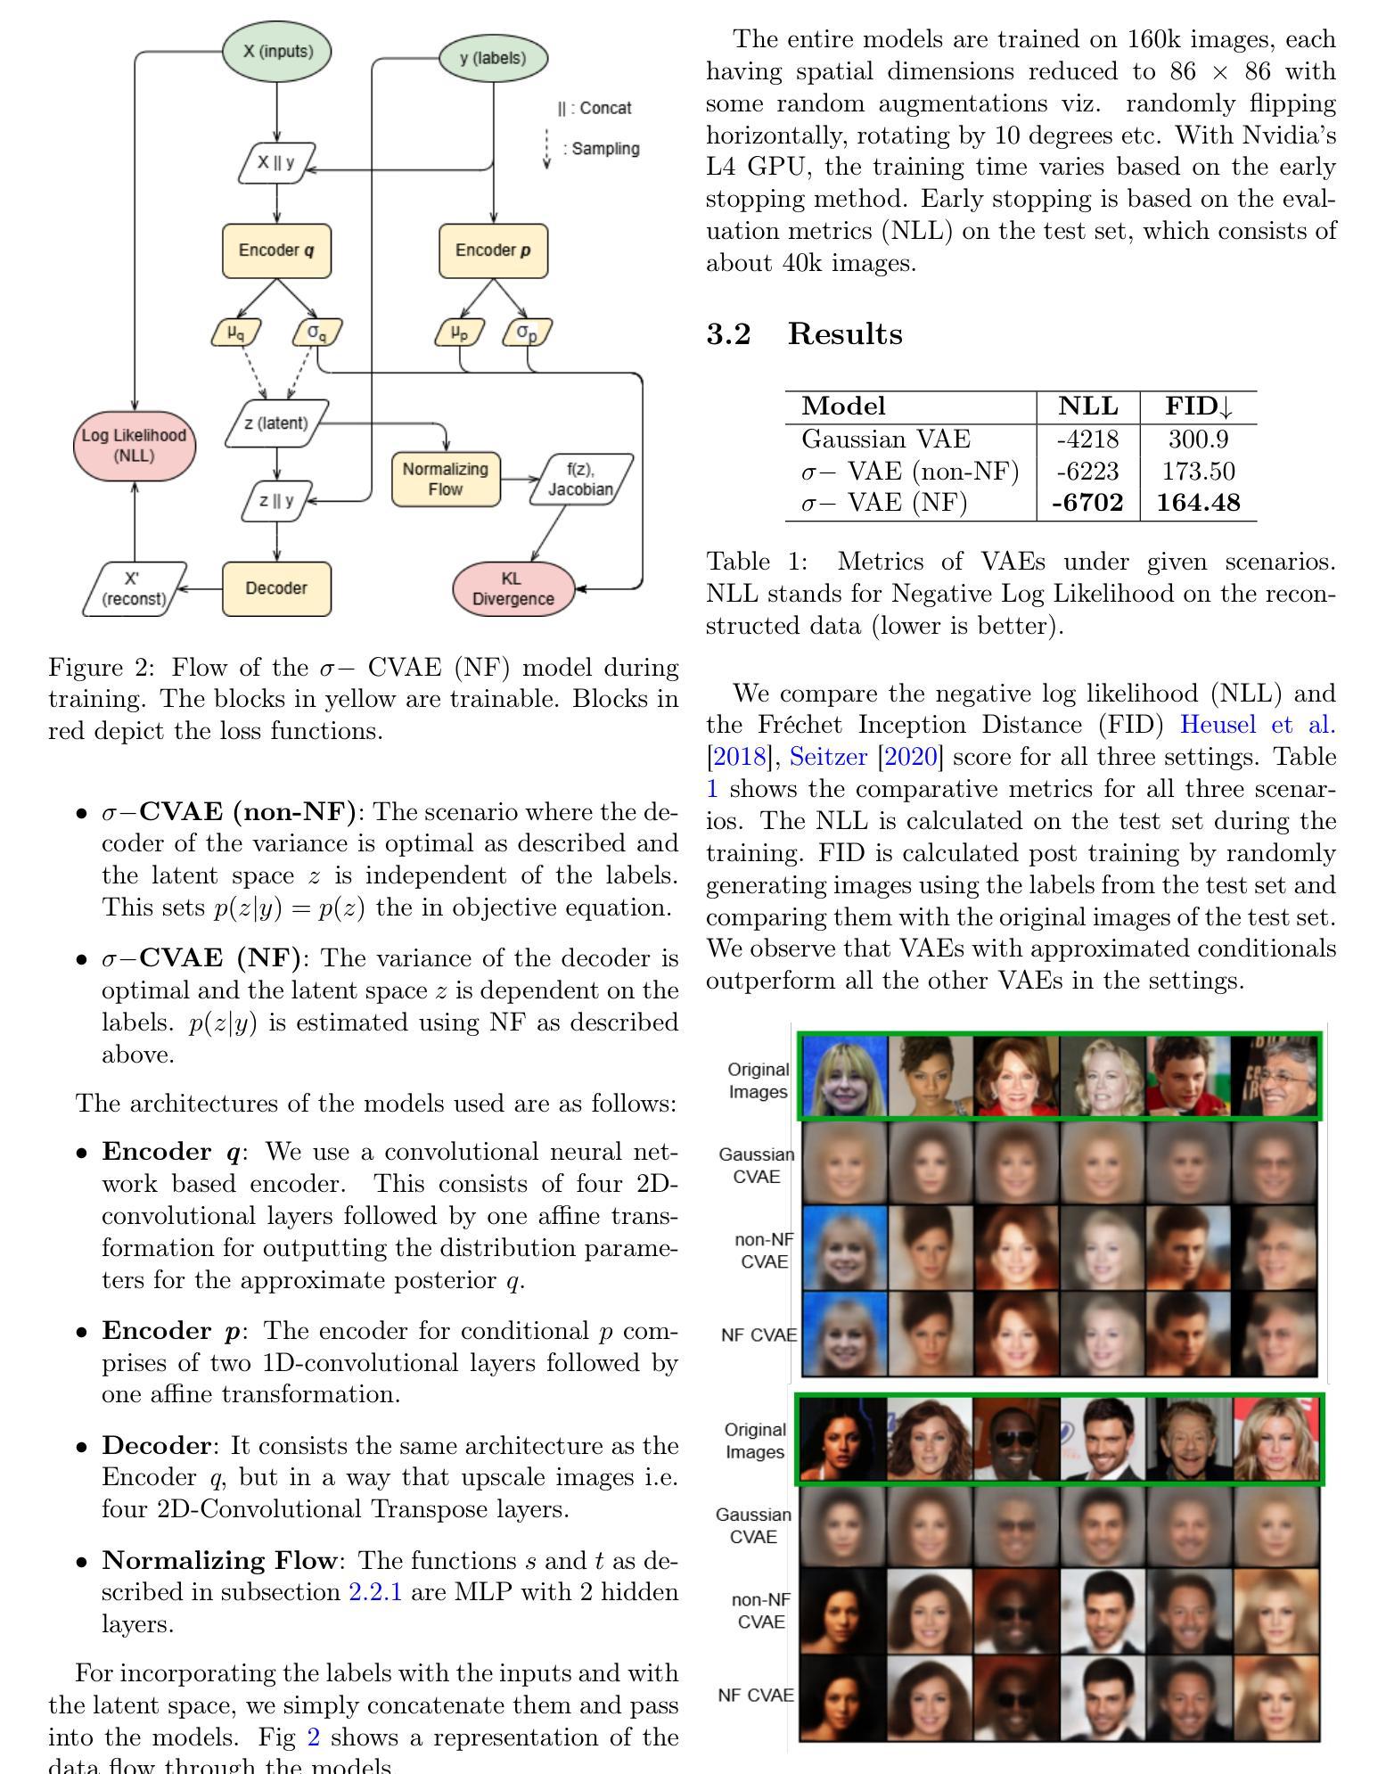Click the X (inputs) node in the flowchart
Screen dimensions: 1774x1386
tap(277, 52)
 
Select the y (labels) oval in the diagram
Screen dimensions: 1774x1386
tap(493, 58)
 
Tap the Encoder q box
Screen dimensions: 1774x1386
tap(276, 250)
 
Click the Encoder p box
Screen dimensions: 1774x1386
tap(493, 250)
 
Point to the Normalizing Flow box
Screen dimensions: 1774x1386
tap(446, 479)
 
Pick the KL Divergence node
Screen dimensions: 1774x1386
tap(513, 589)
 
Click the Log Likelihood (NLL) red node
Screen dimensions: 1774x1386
tap(134, 445)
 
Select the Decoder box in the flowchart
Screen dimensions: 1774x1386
tap(276, 588)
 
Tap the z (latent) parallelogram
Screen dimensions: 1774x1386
tap(277, 423)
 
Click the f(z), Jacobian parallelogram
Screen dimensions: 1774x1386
tap(581, 480)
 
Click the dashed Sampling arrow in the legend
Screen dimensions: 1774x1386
tap(547, 149)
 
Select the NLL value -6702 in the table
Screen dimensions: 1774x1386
tap(1087, 504)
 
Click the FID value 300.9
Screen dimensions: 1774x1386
tap(1198, 439)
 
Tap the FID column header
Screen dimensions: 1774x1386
tap(1198, 407)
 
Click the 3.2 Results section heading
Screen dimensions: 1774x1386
tap(804, 334)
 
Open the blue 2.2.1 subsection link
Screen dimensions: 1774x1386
tap(375, 1591)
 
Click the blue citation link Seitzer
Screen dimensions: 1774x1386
tap(828, 757)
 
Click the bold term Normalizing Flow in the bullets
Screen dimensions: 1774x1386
tap(219, 1560)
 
